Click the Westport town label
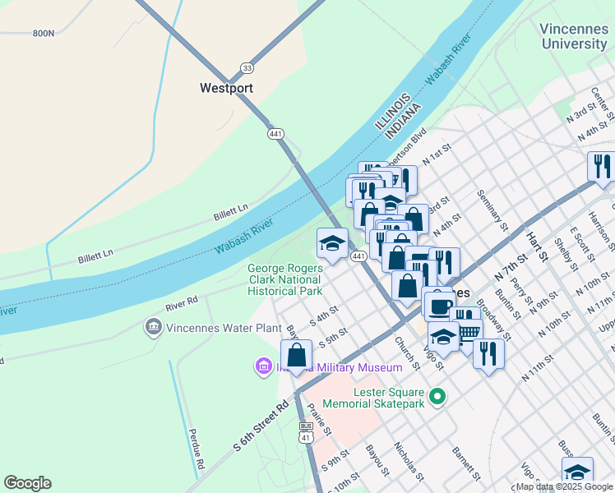coord(226,88)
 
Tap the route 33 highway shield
coord(247,67)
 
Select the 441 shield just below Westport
coord(275,133)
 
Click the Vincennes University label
coord(574,35)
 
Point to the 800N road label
coord(43,33)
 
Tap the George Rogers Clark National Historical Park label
coord(284,279)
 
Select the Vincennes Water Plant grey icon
coord(153,328)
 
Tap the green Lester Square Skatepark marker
coord(437,397)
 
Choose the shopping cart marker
coord(466,329)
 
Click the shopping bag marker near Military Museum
coord(297,356)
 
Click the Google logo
coord(27,483)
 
